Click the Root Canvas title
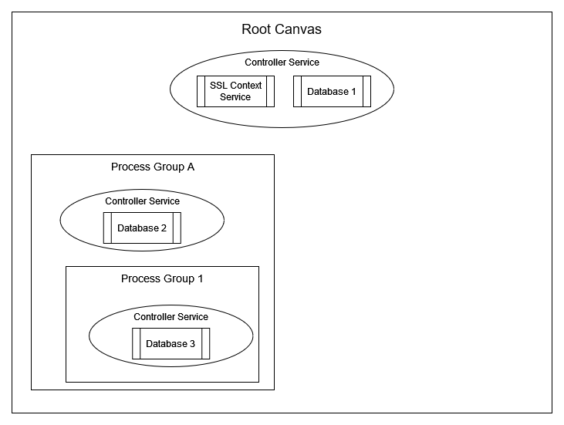pyautogui.click(x=282, y=30)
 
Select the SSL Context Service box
pyautogui.click(x=236, y=91)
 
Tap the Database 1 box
pyautogui.click(x=332, y=91)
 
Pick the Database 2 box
pyautogui.click(x=142, y=228)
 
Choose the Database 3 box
pyautogui.click(x=171, y=343)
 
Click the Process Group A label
pyautogui.click(x=152, y=167)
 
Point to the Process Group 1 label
pyautogui.click(x=162, y=278)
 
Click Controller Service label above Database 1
pyautogui.click(x=282, y=62)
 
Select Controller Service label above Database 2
pyautogui.click(x=142, y=201)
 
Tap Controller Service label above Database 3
pyautogui.click(x=171, y=317)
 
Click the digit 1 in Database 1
pyautogui.click(x=353, y=92)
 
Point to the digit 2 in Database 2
pyautogui.click(x=164, y=228)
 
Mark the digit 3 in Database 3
pyautogui.click(x=192, y=344)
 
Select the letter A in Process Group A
pyautogui.click(x=189, y=167)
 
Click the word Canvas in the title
pyautogui.click(x=301, y=30)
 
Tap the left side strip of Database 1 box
pyautogui.click(x=297, y=91)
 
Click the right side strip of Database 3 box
pyautogui.click(x=206, y=343)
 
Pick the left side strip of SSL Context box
pyautogui.click(x=201, y=91)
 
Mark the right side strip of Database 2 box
pyautogui.click(x=177, y=228)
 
